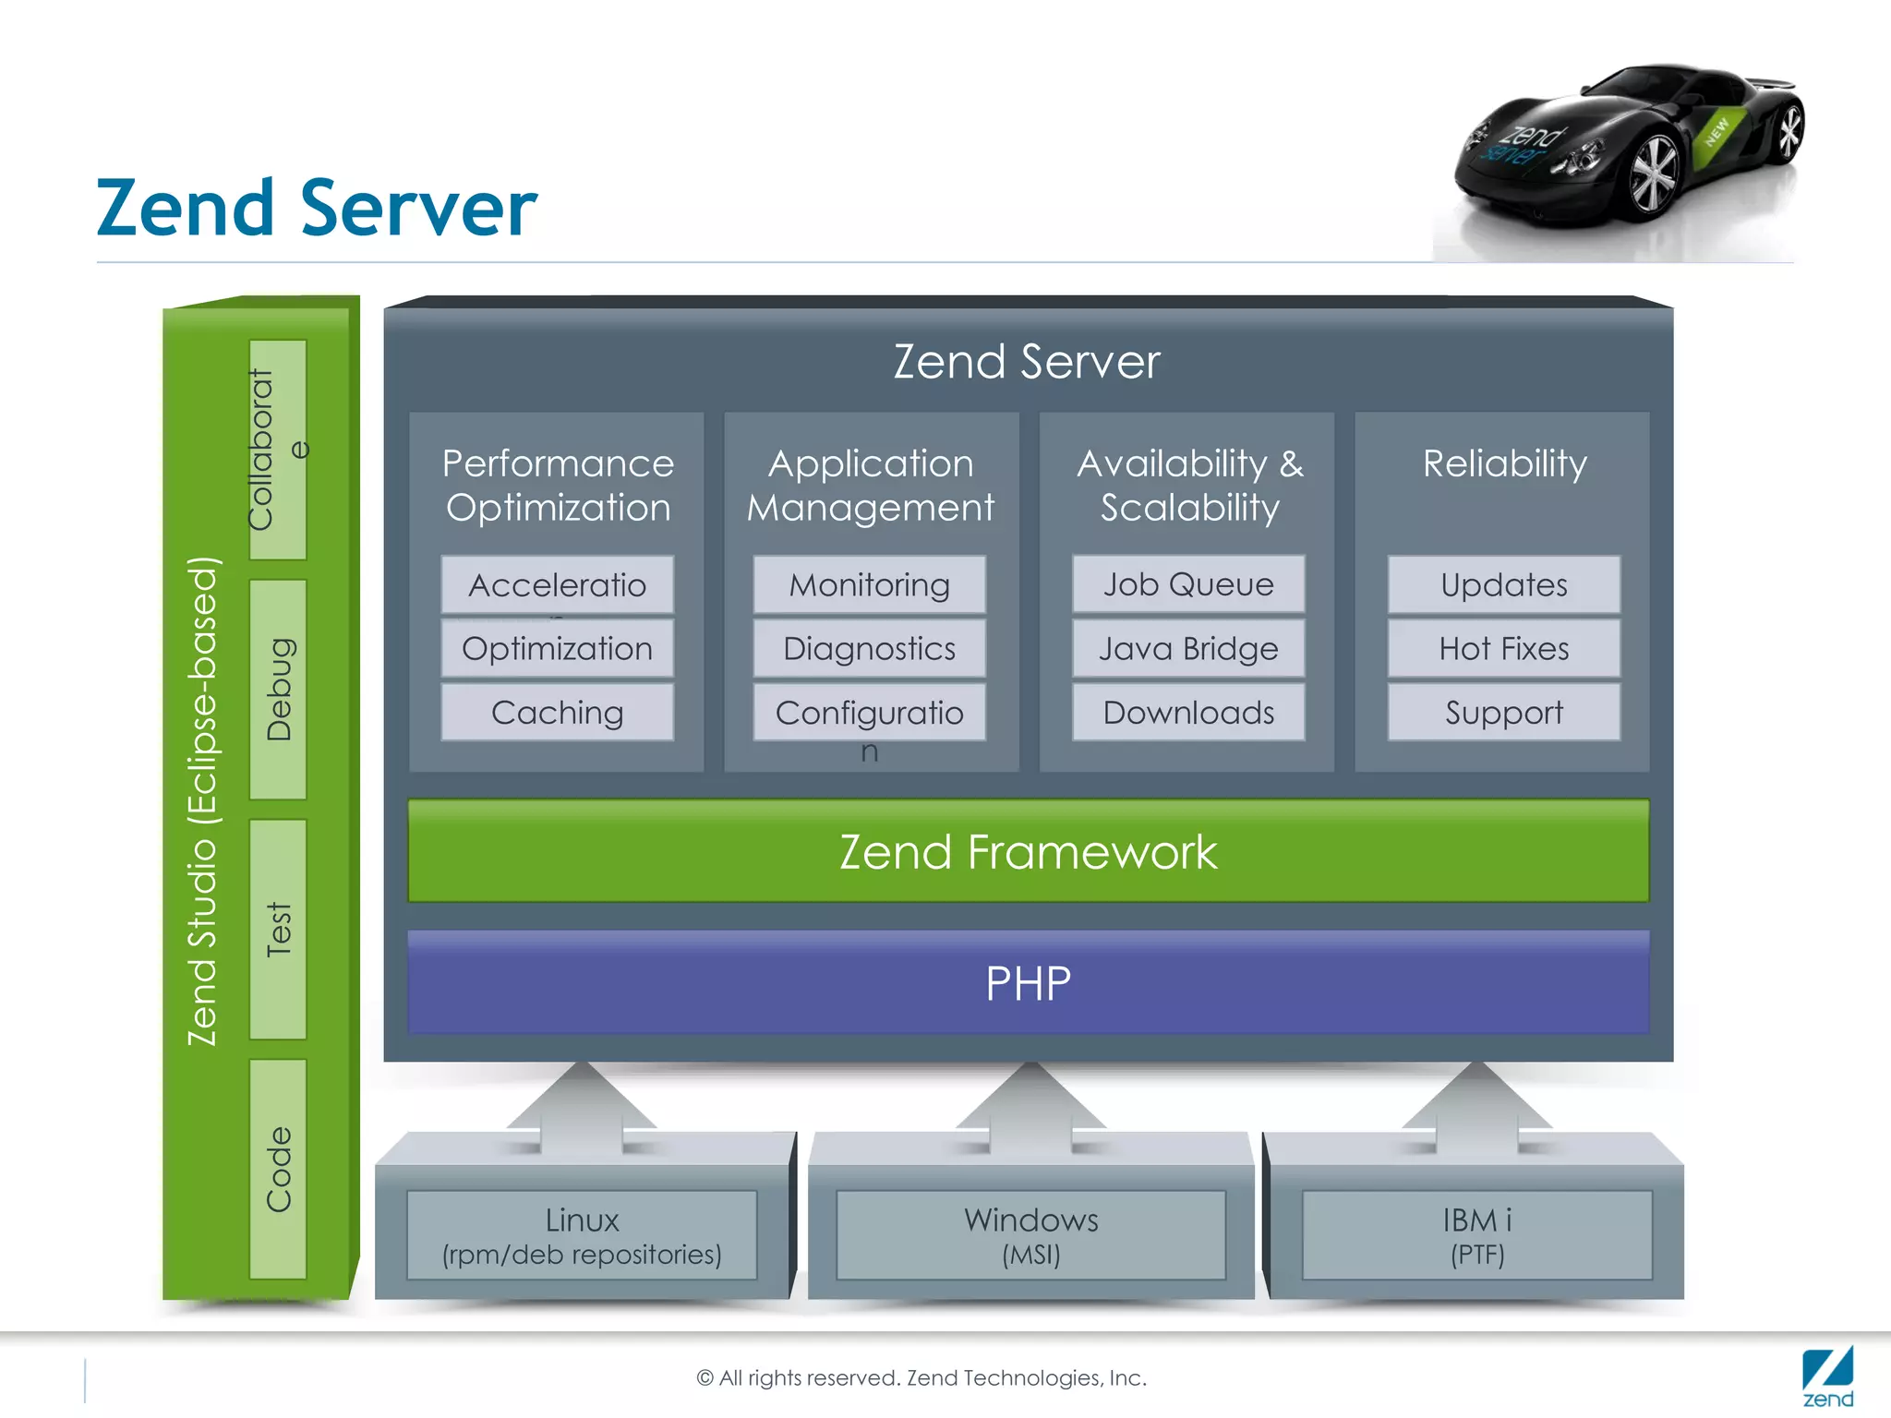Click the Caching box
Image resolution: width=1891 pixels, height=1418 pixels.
point(557,713)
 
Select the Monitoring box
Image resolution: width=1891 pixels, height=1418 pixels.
point(869,585)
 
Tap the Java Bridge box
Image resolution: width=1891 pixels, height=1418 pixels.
point(1188,649)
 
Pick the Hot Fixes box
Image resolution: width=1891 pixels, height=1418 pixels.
point(1503,649)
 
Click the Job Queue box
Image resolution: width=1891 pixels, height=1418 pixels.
point(1188,584)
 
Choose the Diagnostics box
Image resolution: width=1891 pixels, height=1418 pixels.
point(869,649)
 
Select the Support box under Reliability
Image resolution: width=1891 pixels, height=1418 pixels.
point(1503,713)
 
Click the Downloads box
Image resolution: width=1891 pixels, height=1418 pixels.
point(1188,713)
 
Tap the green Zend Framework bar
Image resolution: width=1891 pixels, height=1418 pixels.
point(1028,851)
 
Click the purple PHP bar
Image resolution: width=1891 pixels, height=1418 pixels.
point(1028,983)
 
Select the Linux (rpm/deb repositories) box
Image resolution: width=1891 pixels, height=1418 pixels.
point(582,1236)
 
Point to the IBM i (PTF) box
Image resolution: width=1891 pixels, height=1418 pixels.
point(1476,1236)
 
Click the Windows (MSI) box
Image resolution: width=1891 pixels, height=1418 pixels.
point(1030,1236)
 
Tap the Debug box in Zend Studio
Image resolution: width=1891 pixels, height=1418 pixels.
point(278,690)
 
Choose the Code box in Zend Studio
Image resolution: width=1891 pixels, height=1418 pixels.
point(278,1169)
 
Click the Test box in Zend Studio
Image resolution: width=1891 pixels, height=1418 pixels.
point(278,929)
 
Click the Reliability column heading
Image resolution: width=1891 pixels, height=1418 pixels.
point(1504,463)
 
